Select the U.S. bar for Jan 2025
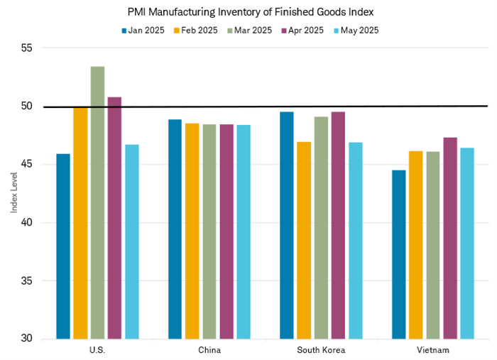click(x=63, y=246)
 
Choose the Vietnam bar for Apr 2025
click(x=449, y=238)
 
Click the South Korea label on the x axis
click(x=321, y=351)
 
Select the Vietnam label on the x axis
click(x=432, y=351)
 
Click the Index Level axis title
click(x=12, y=193)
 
